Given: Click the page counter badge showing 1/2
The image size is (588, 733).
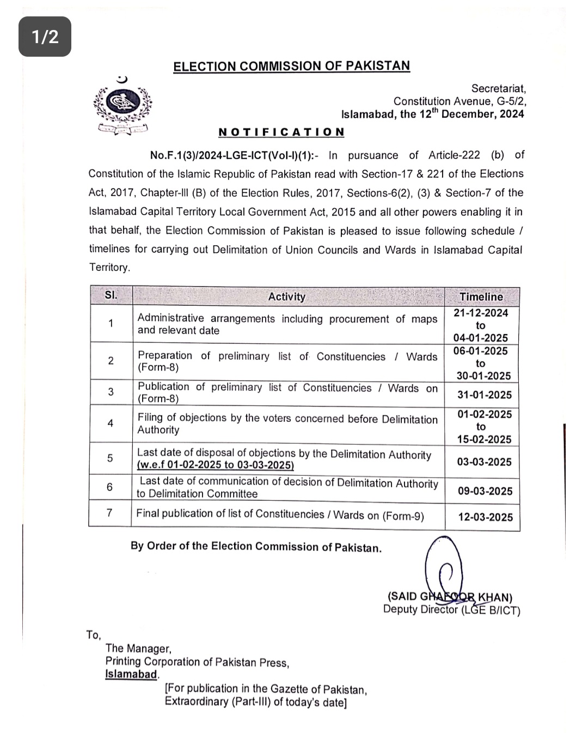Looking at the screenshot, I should coord(45,37).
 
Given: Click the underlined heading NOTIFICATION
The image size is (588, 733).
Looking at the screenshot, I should coord(281,132).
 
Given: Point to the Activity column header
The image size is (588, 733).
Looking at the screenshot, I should coord(286,296).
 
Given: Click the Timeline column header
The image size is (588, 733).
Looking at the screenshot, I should coord(481,296).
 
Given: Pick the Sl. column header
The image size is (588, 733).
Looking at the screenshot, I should coord(111,295).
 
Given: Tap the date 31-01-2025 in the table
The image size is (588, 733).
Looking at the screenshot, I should coord(484,395).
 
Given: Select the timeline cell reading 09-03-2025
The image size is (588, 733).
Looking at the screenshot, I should coord(485,491).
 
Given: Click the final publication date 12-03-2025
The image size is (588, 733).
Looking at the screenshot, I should coord(485,517).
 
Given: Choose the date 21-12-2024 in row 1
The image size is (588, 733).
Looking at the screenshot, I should coord(481,313).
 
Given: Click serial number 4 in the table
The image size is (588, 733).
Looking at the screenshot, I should coord(111,423).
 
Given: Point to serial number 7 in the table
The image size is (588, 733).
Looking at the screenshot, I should coord(110,513).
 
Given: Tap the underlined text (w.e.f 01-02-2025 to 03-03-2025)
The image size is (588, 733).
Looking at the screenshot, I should coord(215,465).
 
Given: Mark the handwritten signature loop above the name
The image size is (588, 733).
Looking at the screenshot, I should coord(444,567).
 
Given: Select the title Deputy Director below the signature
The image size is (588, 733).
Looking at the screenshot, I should coord(421,609).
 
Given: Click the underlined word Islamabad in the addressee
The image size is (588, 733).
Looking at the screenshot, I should coord(131,674).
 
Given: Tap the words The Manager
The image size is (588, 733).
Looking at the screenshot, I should coord(138,648).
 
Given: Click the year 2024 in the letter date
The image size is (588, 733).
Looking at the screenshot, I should coord(512,114).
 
